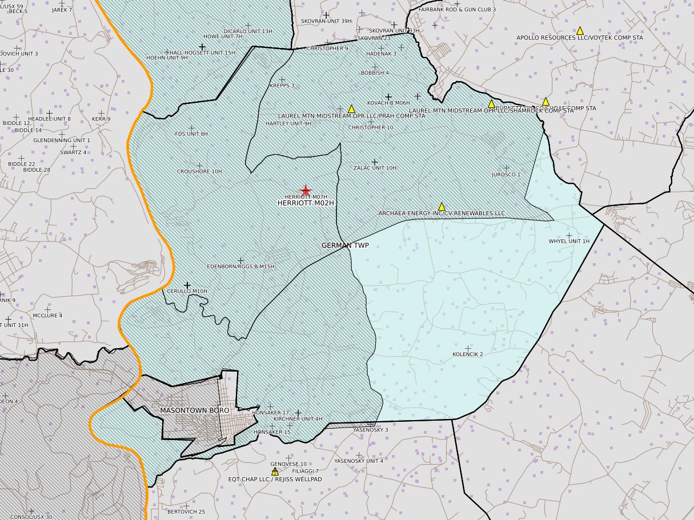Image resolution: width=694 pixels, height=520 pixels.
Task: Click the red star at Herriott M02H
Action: pos(306,191)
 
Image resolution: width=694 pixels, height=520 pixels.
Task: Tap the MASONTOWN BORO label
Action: pos(194,410)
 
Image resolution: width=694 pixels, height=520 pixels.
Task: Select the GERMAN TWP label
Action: pos(345,245)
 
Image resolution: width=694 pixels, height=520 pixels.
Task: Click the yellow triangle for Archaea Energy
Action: pos(442,206)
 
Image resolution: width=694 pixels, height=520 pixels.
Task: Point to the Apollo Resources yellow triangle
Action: pos(580,30)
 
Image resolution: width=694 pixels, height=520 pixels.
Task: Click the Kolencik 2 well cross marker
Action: pos(468,348)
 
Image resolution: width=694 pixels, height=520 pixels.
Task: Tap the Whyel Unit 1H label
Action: pos(568,241)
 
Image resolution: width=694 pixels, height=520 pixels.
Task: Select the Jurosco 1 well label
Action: pos(506,175)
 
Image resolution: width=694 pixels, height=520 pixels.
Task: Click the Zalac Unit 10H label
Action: pos(375,168)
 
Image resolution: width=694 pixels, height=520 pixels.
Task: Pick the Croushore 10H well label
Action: pos(199,171)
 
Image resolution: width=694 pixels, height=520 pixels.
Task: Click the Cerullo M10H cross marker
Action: pos(187,285)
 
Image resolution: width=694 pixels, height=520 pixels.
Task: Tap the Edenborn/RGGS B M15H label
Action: pos(240,267)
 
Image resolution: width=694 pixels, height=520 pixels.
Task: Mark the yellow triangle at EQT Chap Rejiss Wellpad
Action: pos(275,471)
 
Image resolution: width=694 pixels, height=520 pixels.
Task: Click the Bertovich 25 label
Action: pos(186,512)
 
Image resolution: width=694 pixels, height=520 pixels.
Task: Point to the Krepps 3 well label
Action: pos(282,86)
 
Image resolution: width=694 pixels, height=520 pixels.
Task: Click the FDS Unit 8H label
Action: pos(191,134)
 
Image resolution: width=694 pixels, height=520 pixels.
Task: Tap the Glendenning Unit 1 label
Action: pos(62,140)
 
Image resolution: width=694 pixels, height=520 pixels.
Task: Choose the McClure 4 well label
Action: pos(47,316)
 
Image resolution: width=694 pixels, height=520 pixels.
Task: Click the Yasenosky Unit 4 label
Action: pos(359,461)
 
